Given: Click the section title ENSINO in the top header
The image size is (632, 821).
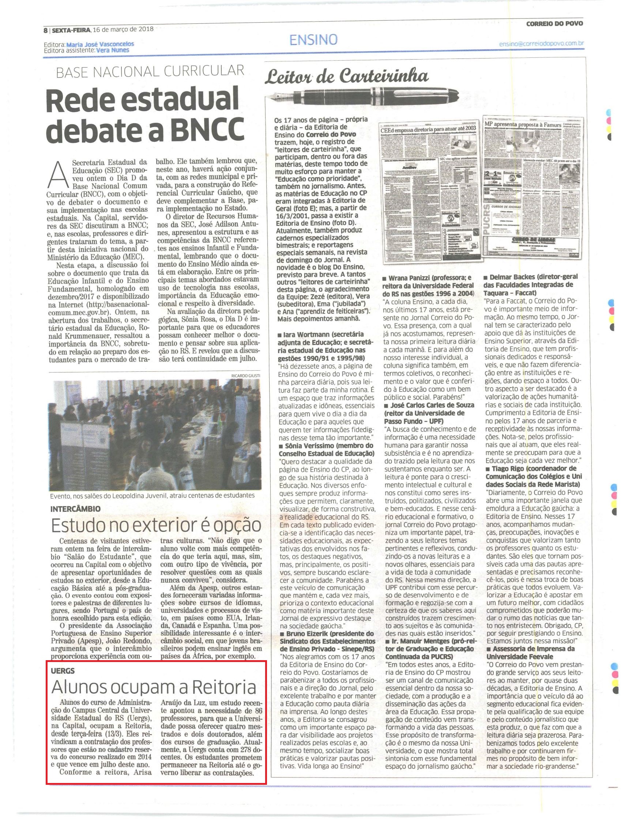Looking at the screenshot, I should pyautogui.click(x=313, y=39).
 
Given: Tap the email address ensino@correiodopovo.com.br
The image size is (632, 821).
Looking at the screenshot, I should pyautogui.click(x=541, y=43).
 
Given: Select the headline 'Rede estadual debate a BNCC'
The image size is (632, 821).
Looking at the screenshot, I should pyautogui.click(x=148, y=115).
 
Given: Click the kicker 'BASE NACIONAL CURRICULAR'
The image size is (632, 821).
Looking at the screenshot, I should pyautogui.click(x=150, y=71).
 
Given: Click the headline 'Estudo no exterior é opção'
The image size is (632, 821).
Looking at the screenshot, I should pyautogui.click(x=156, y=525).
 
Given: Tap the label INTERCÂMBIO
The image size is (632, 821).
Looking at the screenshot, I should pyautogui.click(x=75, y=508).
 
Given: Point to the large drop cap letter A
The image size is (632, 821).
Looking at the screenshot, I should pyautogui.click(x=57, y=177).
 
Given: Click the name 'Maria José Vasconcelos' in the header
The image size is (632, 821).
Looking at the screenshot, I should pyautogui.click(x=100, y=44).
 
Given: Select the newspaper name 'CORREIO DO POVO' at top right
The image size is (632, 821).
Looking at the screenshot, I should pyautogui.click(x=554, y=23).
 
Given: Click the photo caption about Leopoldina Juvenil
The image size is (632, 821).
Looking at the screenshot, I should pyautogui.click(x=153, y=495).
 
